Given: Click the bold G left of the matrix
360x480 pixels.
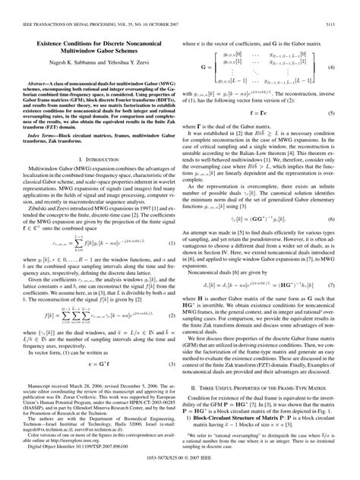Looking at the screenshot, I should pos(203,68).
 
